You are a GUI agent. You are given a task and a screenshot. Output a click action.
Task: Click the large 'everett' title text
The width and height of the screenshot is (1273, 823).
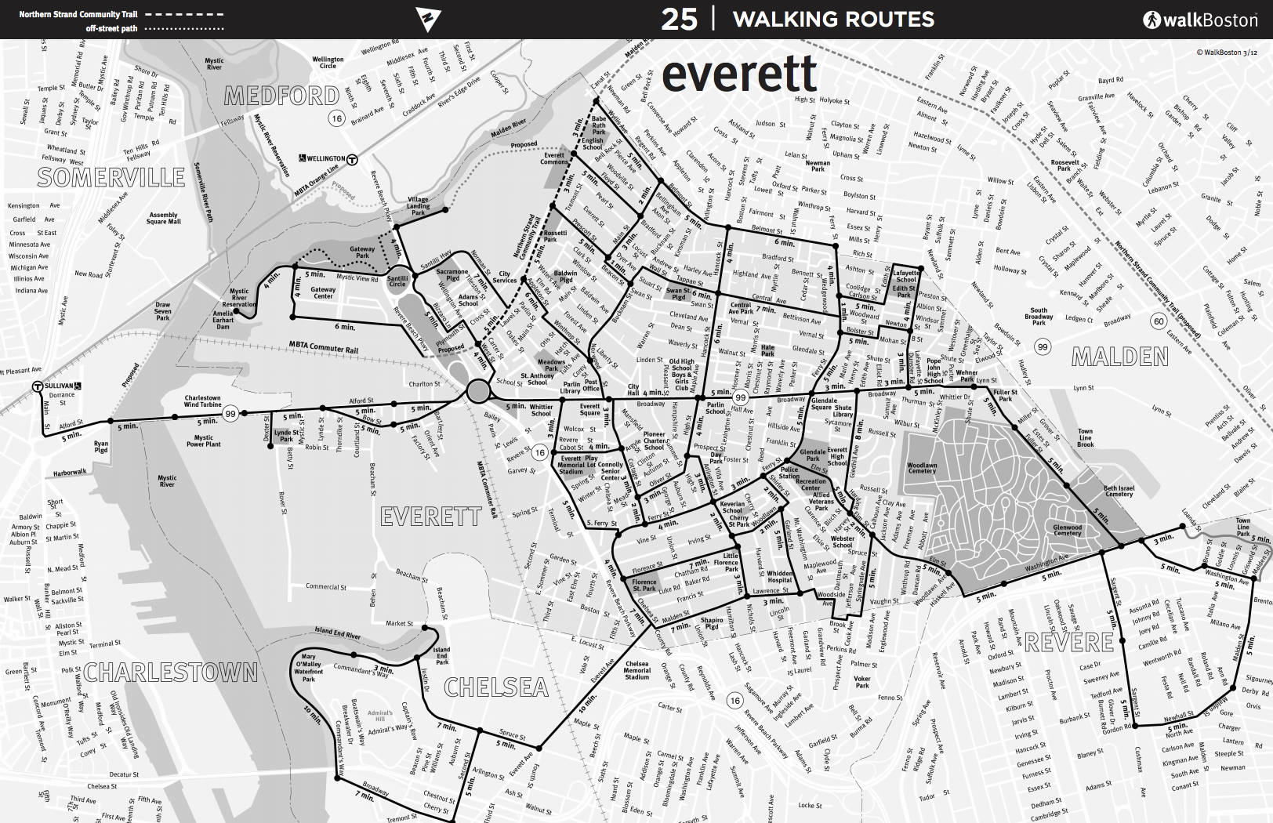[x=738, y=75]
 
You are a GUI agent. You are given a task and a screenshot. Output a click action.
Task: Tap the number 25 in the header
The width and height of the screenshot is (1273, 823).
[x=679, y=20]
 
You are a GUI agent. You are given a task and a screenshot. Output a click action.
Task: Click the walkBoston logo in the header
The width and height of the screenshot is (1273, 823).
[x=1199, y=20]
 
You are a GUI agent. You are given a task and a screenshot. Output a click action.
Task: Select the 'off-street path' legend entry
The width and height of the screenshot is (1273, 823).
[x=112, y=29]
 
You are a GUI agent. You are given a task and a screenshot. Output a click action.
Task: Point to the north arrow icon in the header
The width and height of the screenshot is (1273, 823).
[x=428, y=19]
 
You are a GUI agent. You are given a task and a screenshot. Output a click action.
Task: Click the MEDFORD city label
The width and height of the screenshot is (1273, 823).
[x=281, y=96]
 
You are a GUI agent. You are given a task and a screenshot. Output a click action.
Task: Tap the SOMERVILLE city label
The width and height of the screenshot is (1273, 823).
[x=111, y=178]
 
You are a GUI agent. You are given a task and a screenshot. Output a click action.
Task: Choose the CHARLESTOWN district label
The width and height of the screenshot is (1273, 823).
[x=170, y=672]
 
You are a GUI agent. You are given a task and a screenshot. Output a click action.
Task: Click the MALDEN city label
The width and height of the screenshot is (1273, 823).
[x=1119, y=357]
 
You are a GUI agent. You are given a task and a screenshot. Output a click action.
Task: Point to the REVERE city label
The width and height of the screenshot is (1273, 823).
[x=1068, y=643]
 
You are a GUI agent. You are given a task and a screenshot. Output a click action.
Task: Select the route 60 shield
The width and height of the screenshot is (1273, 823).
[x=1159, y=321]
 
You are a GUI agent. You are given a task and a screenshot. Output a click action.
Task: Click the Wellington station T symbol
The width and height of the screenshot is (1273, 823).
[x=353, y=159]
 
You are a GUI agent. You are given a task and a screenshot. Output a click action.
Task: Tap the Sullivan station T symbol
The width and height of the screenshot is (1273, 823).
[x=37, y=386]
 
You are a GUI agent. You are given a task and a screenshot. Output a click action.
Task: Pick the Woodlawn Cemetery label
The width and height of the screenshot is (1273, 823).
[x=922, y=468]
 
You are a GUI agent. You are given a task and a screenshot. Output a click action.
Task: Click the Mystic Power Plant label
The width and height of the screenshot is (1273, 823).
[x=203, y=441]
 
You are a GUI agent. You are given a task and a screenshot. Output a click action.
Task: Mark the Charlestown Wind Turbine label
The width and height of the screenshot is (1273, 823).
[x=202, y=401]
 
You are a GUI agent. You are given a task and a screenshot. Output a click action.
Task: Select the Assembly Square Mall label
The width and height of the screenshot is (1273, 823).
[x=163, y=218]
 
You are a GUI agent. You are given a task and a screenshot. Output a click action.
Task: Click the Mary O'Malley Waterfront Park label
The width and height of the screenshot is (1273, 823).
[x=309, y=668]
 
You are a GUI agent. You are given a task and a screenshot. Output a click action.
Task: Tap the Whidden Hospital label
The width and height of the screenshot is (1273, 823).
[x=780, y=577]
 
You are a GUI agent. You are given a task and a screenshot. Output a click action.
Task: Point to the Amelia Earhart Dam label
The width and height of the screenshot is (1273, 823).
[x=223, y=320]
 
